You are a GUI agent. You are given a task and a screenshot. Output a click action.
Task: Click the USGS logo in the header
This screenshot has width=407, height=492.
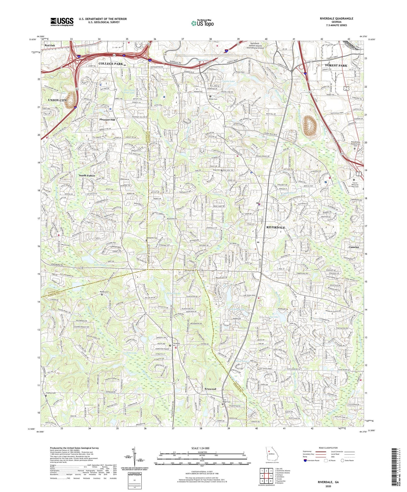(62, 22)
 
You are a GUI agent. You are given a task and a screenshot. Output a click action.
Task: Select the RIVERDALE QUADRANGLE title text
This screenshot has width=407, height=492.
(336, 19)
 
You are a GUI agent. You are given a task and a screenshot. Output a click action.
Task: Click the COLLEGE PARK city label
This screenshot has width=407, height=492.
(110, 64)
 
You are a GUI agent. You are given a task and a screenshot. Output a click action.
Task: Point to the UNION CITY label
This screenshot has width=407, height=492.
(57, 100)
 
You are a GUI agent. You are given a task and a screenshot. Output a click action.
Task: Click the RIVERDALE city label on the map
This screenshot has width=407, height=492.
(275, 227)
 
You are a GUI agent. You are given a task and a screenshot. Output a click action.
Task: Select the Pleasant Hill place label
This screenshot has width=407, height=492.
(107, 120)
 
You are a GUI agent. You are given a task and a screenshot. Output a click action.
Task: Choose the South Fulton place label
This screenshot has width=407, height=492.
(87, 176)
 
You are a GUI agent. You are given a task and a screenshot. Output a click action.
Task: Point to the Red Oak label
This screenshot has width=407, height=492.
(50, 45)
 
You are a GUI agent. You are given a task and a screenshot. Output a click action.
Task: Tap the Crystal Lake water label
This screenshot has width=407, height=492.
(228, 81)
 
